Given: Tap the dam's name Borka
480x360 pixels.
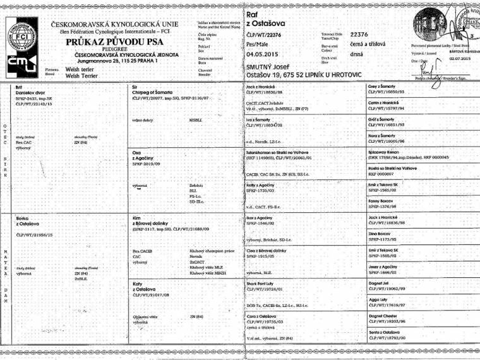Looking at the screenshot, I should (x=22, y=217).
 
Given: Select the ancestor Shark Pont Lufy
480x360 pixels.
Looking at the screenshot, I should (x=262, y=284).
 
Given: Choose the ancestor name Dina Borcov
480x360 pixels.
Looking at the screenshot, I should (x=380, y=234).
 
